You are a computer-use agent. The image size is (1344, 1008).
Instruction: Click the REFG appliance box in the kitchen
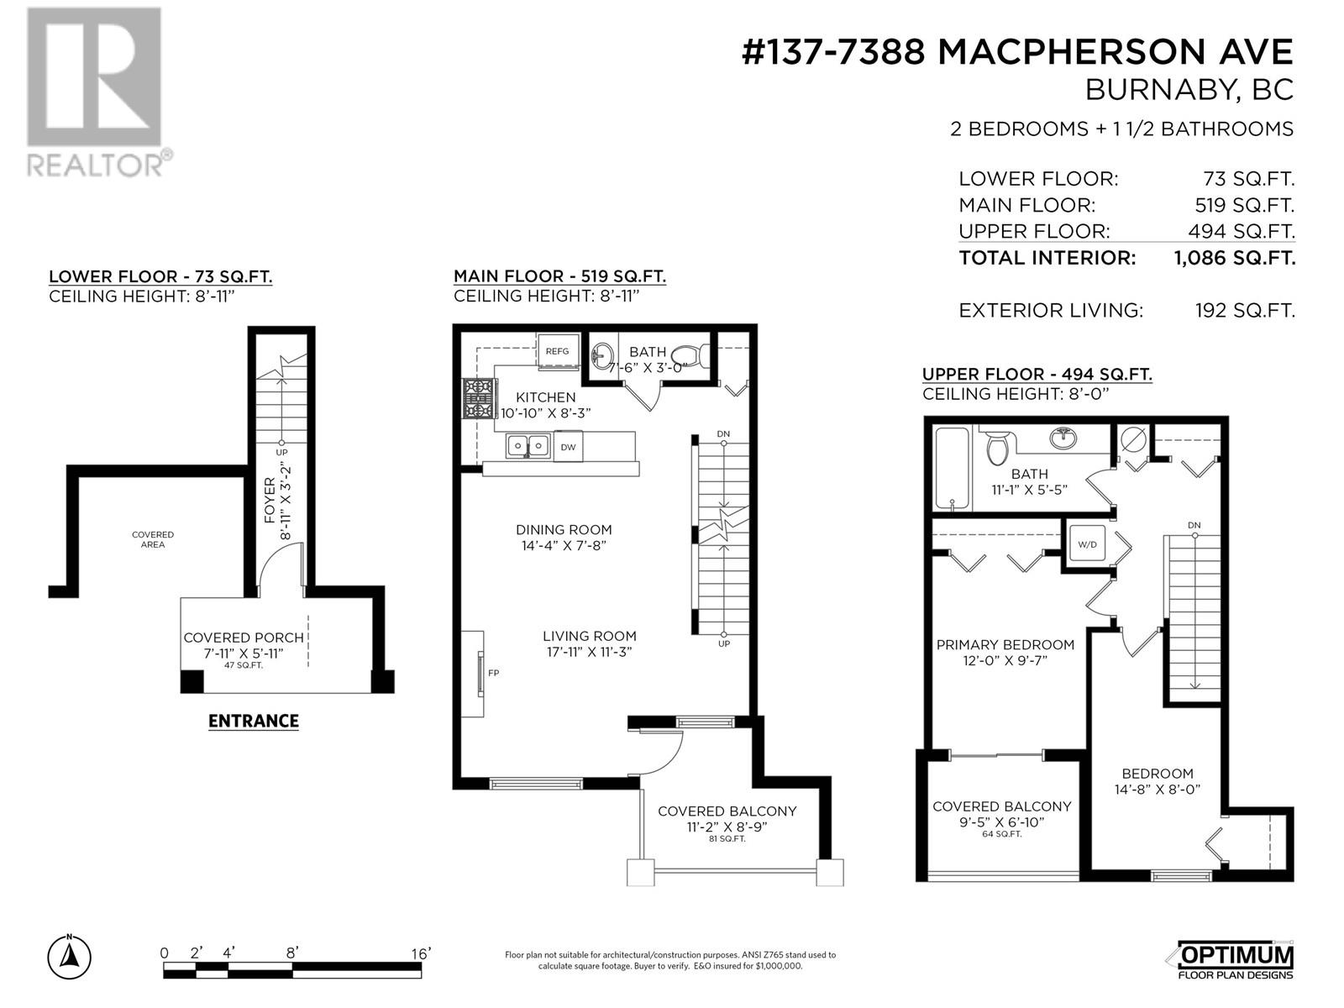click(x=558, y=351)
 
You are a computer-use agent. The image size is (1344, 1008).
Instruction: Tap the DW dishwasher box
click(x=569, y=447)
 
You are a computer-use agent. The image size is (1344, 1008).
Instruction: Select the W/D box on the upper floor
click(x=1087, y=544)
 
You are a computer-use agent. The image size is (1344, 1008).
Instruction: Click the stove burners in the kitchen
click(x=479, y=398)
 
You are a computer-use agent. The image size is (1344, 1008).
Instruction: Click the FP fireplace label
click(x=493, y=673)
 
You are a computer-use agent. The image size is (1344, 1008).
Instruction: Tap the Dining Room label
click(x=564, y=530)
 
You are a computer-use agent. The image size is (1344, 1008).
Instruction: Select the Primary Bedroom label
click(x=1005, y=645)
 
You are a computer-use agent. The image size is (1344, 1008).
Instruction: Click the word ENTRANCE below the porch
click(x=253, y=721)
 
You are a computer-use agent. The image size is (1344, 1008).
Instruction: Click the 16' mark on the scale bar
click(x=420, y=953)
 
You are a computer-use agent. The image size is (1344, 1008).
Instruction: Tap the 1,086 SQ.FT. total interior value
click(x=1234, y=258)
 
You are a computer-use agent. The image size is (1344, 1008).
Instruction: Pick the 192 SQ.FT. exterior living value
click(x=1244, y=311)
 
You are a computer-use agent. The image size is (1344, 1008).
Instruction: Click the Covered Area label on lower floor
click(x=153, y=539)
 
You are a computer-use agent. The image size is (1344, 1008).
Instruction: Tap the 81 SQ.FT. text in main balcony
click(x=727, y=838)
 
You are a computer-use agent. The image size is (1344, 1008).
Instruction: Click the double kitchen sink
click(x=528, y=446)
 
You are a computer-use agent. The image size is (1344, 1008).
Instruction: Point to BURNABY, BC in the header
click(x=1189, y=90)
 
